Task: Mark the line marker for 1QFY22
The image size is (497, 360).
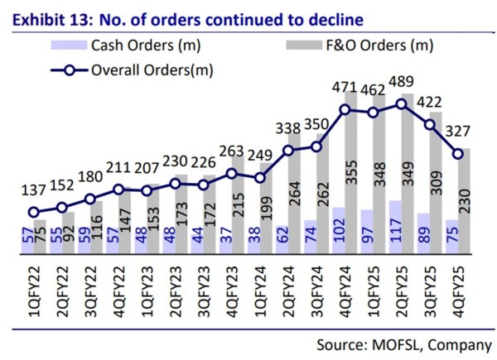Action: (33, 212)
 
